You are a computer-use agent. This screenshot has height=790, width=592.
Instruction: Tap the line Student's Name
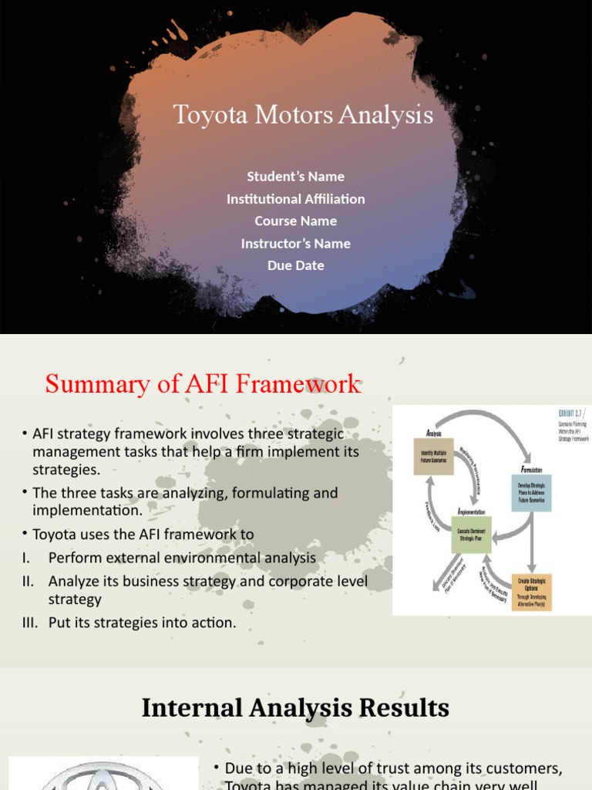(x=295, y=177)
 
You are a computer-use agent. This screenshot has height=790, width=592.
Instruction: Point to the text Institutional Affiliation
(x=295, y=199)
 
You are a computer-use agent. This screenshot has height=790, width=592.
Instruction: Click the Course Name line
(x=295, y=221)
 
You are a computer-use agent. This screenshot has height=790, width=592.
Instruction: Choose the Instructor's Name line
(x=295, y=244)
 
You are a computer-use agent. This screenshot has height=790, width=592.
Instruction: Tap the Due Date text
(x=295, y=265)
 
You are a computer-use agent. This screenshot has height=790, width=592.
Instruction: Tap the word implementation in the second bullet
(x=87, y=510)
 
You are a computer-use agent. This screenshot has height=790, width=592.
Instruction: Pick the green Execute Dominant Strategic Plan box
(x=471, y=535)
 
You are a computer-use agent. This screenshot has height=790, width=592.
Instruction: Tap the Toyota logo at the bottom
(x=103, y=775)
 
